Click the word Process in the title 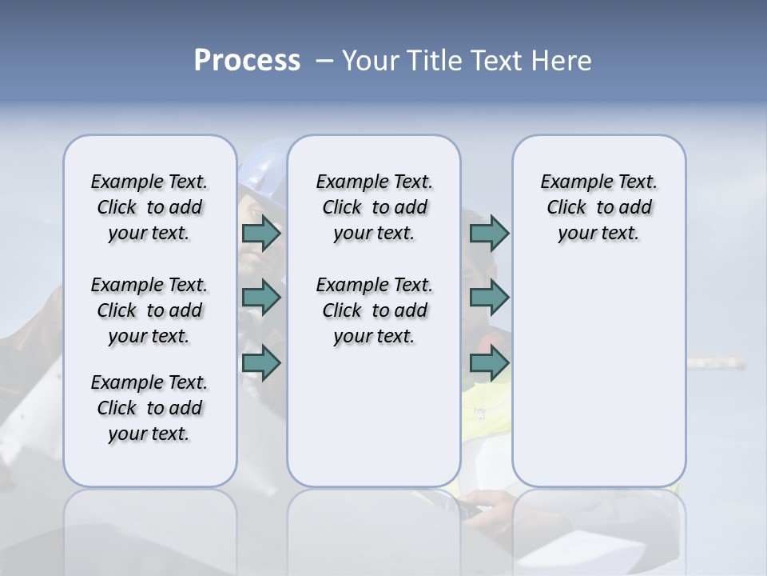[247, 61]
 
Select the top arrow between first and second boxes [261, 233]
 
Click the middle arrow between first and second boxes [261, 298]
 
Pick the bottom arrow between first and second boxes [261, 362]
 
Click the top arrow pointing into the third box [489, 233]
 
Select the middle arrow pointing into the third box [489, 298]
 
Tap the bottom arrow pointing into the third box [489, 362]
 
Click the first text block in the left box [149, 207]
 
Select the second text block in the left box [149, 310]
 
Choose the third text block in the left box [149, 408]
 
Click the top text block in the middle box [374, 207]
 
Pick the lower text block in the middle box [374, 310]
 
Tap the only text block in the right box [598, 207]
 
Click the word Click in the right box [566, 208]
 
